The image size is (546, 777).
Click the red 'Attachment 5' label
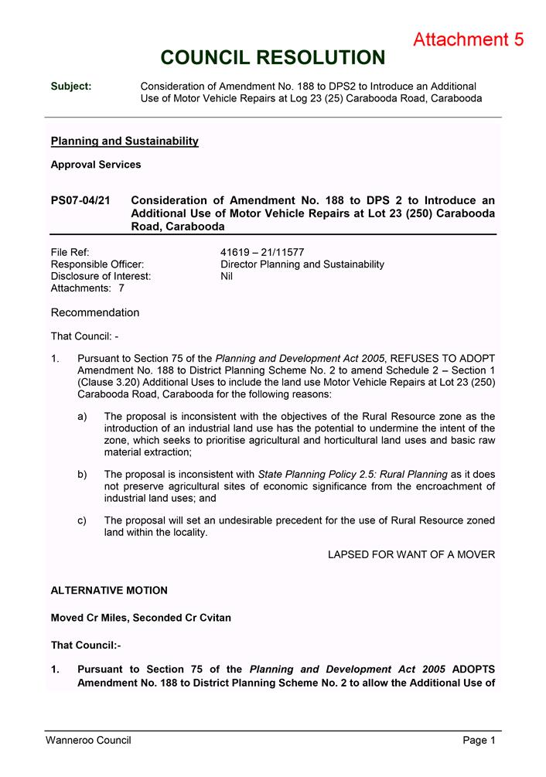coord(469,39)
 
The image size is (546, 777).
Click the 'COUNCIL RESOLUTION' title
coord(272,58)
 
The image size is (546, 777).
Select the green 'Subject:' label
coord(71,86)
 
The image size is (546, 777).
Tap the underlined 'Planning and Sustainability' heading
coord(125,141)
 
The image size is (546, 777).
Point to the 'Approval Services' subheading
coord(96,164)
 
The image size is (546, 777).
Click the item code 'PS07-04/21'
coord(80,200)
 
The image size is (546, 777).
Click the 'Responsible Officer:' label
coord(97,264)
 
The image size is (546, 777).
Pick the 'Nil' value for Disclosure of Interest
coord(227,276)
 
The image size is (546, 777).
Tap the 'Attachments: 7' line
coord(87,288)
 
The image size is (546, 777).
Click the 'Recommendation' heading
coord(95,312)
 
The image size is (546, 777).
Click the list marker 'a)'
coord(83,417)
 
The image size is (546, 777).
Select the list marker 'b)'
coord(83,474)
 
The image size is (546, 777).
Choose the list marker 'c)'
coord(83,520)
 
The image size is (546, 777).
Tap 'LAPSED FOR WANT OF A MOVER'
coord(411,554)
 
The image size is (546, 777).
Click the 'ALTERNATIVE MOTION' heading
coord(109,591)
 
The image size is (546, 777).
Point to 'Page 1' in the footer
coord(479,741)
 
